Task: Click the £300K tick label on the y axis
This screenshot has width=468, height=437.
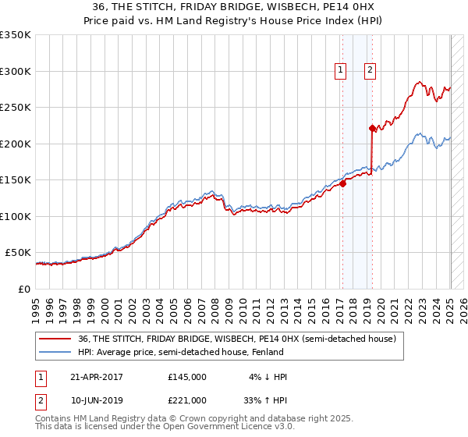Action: pos(16,71)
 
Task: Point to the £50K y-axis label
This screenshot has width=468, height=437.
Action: pos(18,253)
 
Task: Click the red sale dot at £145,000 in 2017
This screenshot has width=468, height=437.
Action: pos(342,184)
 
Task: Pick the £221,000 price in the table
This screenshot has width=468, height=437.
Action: pos(187,400)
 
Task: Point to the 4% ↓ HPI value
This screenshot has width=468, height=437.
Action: pos(268,377)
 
